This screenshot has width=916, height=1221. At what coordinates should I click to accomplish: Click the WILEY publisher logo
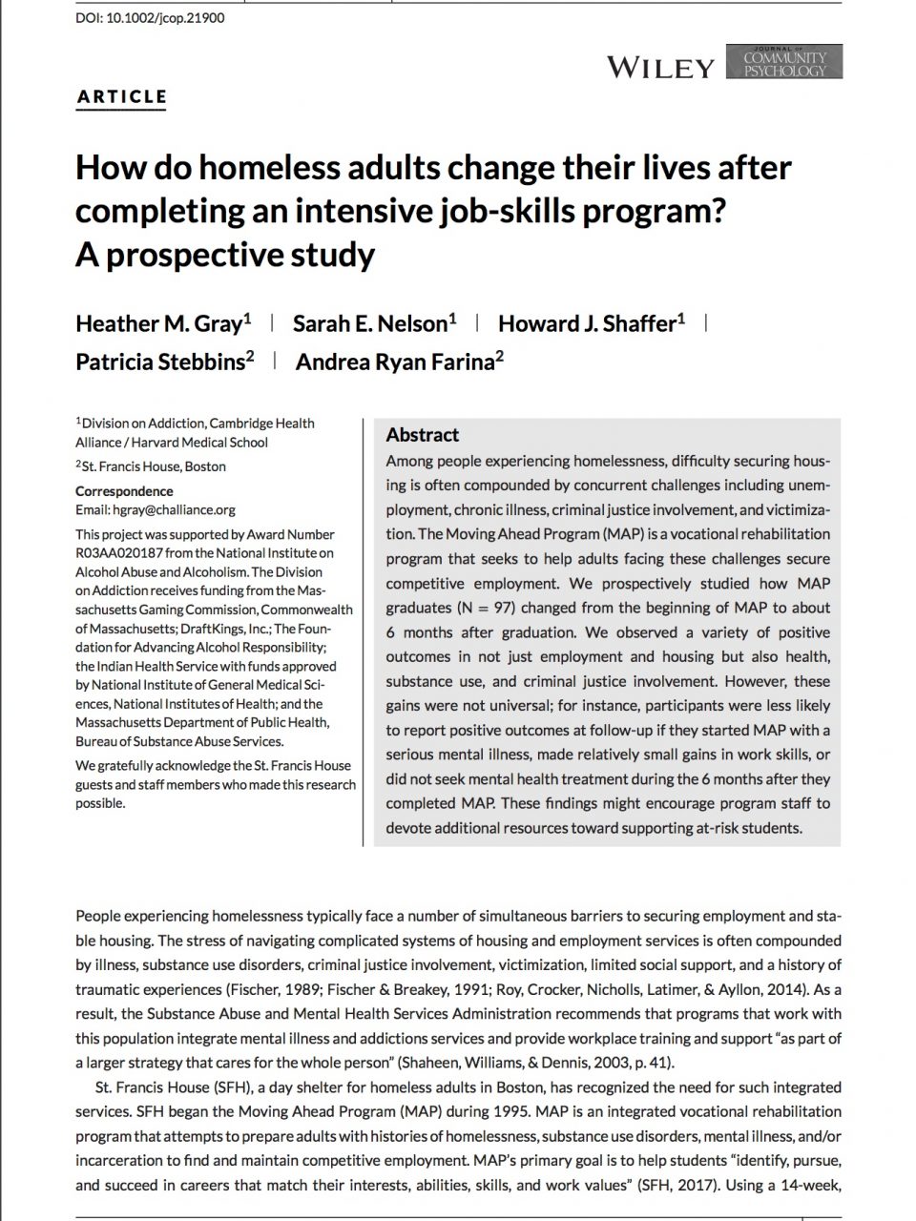[x=660, y=67]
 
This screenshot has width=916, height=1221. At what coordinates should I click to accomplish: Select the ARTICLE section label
[x=121, y=96]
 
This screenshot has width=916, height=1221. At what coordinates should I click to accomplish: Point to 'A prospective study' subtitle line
[x=225, y=255]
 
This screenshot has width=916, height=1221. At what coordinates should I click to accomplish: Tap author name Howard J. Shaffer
[x=586, y=323]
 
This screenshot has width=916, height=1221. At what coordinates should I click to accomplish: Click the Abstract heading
[x=422, y=435]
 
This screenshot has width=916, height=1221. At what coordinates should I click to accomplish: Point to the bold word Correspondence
[x=124, y=491]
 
